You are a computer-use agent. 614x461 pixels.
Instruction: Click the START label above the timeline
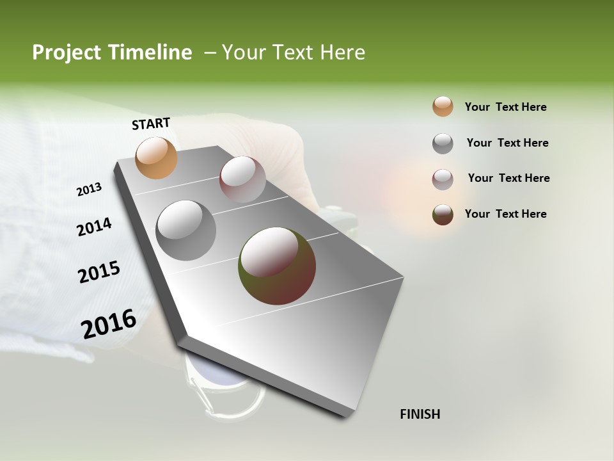(x=151, y=124)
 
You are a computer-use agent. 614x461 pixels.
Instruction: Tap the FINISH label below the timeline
(x=420, y=414)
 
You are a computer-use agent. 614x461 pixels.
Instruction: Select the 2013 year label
(x=90, y=190)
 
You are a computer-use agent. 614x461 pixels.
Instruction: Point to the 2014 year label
(x=94, y=227)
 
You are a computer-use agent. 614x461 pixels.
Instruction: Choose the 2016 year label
(x=109, y=323)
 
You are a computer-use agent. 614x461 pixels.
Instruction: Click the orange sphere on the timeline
(x=156, y=158)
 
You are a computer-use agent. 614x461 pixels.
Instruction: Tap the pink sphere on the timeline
(x=242, y=179)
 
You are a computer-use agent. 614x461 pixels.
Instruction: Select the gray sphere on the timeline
(x=185, y=230)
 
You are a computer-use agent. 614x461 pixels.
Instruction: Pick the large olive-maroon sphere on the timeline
(x=277, y=266)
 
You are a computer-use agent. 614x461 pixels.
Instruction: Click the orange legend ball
(x=443, y=107)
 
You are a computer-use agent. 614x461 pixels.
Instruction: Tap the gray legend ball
(x=443, y=143)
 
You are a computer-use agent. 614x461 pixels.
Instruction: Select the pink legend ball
(x=443, y=179)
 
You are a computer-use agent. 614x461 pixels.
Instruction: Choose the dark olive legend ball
(x=443, y=214)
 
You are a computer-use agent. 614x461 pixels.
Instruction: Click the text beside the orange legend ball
(x=505, y=107)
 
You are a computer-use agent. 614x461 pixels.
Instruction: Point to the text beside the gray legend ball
(x=507, y=143)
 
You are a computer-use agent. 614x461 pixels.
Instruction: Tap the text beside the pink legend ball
(x=508, y=178)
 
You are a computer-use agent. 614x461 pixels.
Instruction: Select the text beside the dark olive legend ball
(x=505, y=214)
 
